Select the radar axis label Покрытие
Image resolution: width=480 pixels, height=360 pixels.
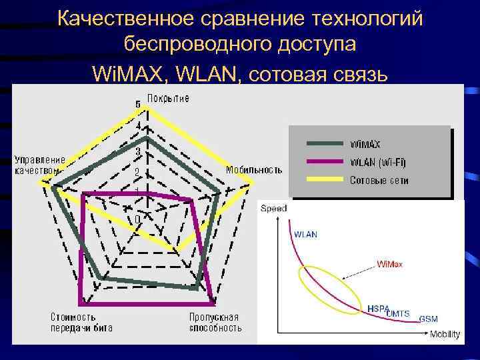(168, 99)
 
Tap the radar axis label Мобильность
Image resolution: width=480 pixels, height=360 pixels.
(254, 169)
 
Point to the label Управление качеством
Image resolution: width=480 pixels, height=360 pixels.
(40, 165)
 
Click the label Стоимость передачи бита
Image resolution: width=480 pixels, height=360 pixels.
(81, 322)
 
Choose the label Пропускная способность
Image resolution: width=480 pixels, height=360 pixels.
(213, 322)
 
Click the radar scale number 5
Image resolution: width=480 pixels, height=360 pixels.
(138, 105)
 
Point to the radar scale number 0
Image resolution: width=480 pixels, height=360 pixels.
(137, 219)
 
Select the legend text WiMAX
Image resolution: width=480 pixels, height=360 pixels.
(366, 143)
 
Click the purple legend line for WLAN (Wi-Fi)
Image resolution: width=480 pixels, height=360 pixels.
(325, 161)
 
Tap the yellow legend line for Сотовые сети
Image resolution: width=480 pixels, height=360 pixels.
(325, 179)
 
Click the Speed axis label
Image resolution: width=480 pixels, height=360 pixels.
(273, 209)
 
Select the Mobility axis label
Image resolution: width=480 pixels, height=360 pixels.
(444, 334)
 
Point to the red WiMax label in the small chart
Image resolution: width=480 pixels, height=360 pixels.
(389, 264)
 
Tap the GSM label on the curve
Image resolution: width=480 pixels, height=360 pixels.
(429, 319)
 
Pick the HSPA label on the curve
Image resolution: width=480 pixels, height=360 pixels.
(378, 309)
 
